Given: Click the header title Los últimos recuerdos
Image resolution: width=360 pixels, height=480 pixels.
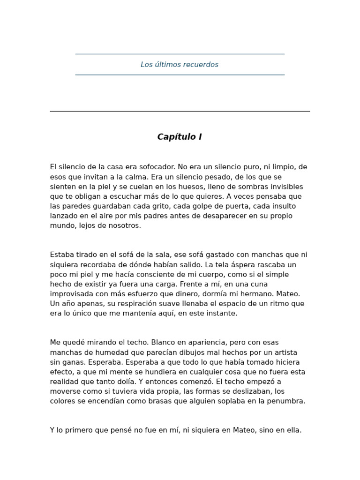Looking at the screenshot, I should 180,65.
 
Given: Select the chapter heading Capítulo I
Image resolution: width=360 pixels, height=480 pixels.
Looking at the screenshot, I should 180,137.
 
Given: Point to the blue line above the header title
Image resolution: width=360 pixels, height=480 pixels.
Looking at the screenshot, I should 180,54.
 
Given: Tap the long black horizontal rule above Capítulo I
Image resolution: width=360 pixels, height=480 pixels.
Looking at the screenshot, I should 180,111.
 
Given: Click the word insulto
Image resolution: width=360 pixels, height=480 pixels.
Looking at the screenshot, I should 282,206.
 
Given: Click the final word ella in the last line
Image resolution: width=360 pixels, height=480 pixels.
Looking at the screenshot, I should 292,430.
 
